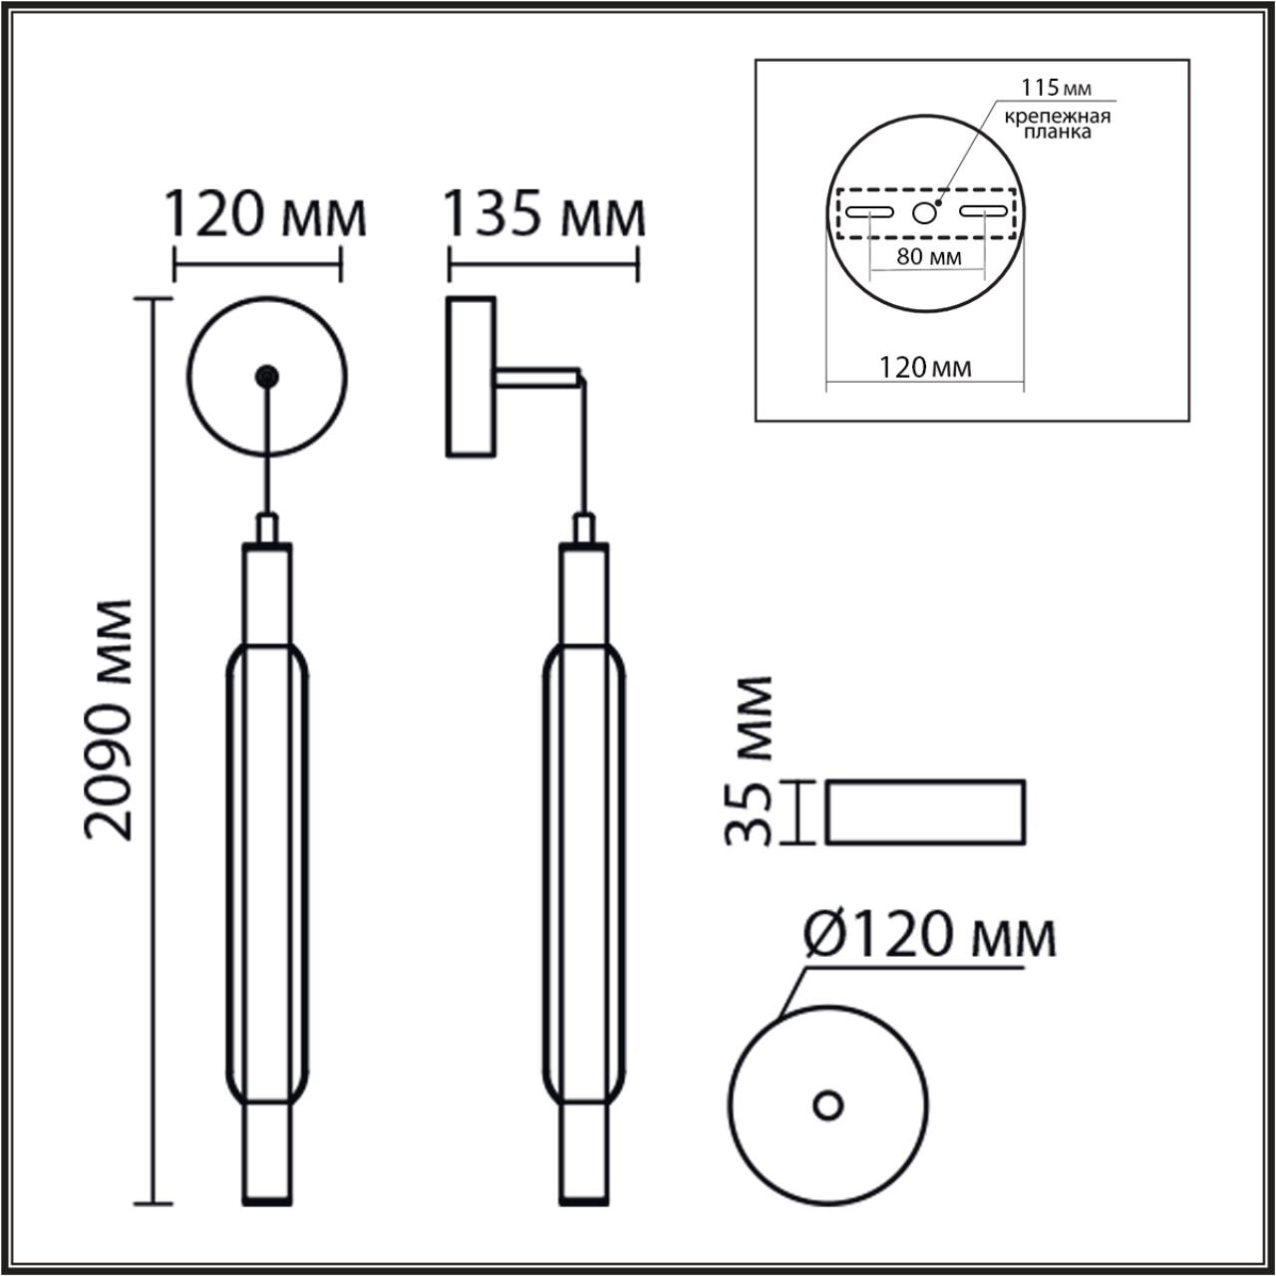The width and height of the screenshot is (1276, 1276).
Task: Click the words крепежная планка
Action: (x=1057, y=125)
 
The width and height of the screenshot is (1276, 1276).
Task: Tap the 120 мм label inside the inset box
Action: (x=926, y=368)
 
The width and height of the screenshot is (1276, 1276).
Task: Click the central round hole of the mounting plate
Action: (x=926, y=212)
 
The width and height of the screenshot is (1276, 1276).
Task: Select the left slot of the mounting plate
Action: (x=869, y=212)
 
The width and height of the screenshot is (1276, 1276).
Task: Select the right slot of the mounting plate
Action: (x=984, y=212)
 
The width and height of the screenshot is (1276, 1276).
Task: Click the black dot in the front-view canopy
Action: (x=266, y=377)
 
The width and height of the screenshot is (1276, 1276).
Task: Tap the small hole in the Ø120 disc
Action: (x=827, y=1105)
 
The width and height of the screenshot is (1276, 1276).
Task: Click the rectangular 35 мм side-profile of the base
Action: (x=925, y=811)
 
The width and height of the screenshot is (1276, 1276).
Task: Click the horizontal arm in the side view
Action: (x=538, y=377)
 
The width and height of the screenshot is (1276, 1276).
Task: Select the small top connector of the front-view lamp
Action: (x=266, y=528)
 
